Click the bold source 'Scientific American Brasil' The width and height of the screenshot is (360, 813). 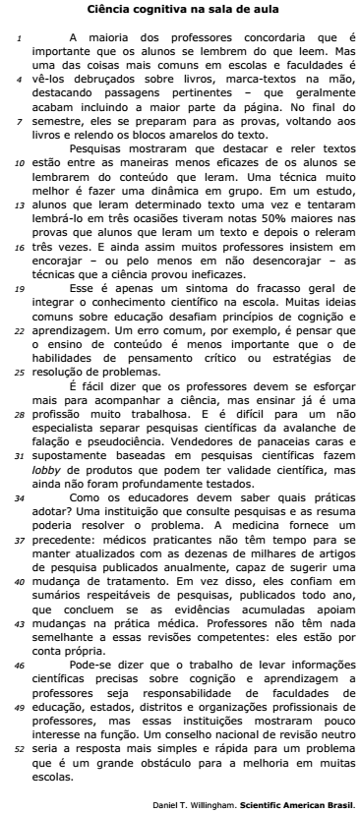tap(301, 804)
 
